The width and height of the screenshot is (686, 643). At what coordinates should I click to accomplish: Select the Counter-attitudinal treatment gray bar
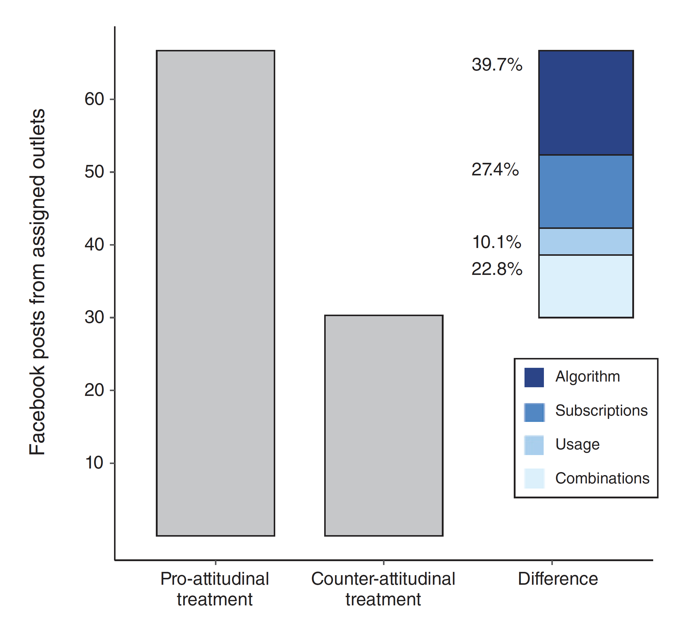(x=383, y=425)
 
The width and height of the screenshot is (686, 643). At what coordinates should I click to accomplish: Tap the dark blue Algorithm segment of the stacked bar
(x=586, y=102)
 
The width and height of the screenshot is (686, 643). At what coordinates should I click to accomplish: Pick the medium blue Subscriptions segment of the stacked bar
(x=586, y=191)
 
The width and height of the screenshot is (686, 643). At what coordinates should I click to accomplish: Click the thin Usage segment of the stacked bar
(x=586, y=241)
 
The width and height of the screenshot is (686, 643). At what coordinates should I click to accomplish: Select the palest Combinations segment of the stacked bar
(x=586, y=286)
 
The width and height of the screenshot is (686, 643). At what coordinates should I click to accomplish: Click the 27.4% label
(x=495, y=169)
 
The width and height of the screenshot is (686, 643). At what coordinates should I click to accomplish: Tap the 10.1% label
(x=496, y=242)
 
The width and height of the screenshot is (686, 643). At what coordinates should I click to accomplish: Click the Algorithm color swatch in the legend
(x=534, y=377)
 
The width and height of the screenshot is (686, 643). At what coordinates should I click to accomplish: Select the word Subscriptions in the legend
(x=601, y=411)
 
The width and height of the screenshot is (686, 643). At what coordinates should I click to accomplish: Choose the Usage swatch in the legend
(x=534, y=445)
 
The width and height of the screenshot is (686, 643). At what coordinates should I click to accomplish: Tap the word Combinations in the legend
(x=602, y=478)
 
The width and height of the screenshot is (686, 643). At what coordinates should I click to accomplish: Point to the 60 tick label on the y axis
(x=94, y=99)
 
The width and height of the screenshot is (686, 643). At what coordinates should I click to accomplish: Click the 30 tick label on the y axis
(x=94, y=317)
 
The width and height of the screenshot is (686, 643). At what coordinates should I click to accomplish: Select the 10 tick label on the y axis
(x=94, y=463)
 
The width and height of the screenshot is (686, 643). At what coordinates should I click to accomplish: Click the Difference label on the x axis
(x=558, y=579)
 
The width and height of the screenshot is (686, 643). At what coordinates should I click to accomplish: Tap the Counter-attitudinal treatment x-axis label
(x=383, y=589)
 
